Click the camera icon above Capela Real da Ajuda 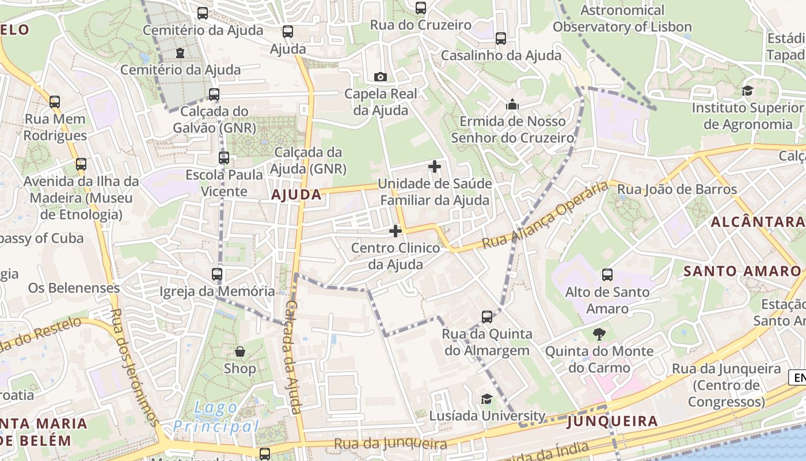(380, 77)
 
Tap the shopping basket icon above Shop (239, 352)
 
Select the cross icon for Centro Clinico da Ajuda (396, 231)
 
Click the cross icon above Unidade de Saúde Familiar (435, 167)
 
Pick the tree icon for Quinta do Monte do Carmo (599, 334)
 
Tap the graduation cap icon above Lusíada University (487, 399)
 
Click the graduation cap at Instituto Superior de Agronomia (747, 90)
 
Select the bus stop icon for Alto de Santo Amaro (607, 275)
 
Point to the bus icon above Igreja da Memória (217, 274)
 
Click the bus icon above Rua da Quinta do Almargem (487, 316)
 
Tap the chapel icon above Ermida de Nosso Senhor (512, 104)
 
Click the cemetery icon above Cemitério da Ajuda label (180, 53)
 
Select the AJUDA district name (296, 195)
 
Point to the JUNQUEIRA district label (612, 421)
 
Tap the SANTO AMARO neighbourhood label (742, 271)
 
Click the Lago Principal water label (216, 417)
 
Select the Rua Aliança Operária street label (545, 216)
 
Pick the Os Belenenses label (74, 288)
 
